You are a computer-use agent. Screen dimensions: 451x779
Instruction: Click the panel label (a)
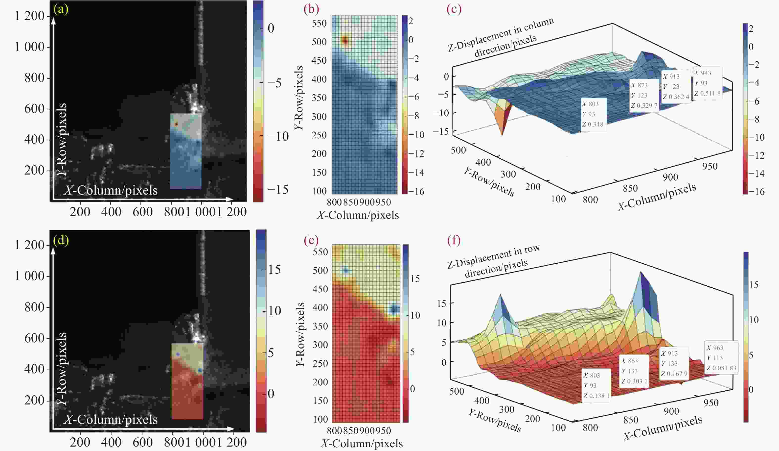pos(61,10)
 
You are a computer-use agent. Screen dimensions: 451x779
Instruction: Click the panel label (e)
pos(311,240)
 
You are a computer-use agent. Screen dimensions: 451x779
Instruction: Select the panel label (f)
pos(454,240)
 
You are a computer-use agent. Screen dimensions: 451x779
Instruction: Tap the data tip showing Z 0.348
pos(593,114)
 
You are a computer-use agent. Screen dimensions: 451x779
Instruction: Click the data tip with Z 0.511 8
pos(707,83)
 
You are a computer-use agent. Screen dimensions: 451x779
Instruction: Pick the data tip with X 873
pos(644,95)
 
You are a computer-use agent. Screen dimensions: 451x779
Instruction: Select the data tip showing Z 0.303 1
pos(634,371)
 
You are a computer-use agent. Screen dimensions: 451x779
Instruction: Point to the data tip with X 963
pos(721,358)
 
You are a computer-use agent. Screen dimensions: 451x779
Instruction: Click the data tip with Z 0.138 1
pos(596,385)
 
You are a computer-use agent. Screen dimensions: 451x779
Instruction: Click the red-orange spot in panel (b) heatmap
pos(345,40)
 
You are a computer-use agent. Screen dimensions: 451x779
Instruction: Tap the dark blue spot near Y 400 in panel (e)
pos(393,309)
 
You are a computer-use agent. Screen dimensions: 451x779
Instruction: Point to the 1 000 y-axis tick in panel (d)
pos(30,276)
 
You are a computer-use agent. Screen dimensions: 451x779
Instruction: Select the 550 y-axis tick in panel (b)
pos(319,23)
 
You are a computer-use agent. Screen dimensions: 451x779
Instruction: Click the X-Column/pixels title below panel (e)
pos(362,444)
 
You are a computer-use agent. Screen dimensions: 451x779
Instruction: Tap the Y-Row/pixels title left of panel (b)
pos(299,98)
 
